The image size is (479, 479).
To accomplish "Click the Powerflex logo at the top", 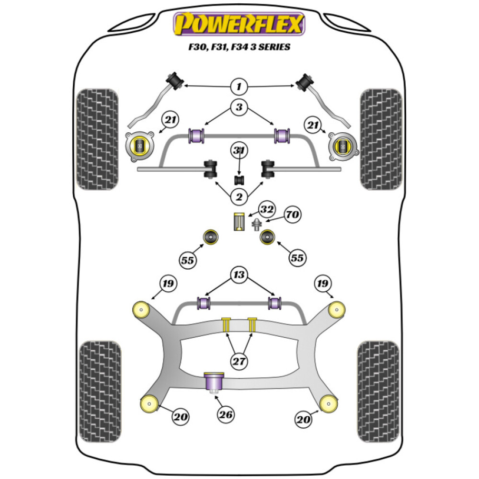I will (239, 24).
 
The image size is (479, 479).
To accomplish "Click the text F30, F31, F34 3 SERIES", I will (239, 47).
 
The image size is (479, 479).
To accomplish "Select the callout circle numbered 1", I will (239, 87).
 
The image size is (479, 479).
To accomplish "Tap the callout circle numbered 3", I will (239, 107).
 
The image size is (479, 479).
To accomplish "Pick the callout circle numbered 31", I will (239, 151).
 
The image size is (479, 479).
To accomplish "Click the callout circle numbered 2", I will (239, 196).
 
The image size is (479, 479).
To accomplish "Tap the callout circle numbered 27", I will (239, 362).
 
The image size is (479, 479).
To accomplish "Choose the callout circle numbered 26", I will (226, 414).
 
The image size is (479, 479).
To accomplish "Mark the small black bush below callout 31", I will (239, 180).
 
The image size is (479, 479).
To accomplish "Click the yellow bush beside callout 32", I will (239, 221).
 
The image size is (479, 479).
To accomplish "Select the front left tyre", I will (98, 139).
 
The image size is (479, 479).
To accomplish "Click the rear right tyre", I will (378, 385).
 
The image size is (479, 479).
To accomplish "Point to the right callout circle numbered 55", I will (297, 258).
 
